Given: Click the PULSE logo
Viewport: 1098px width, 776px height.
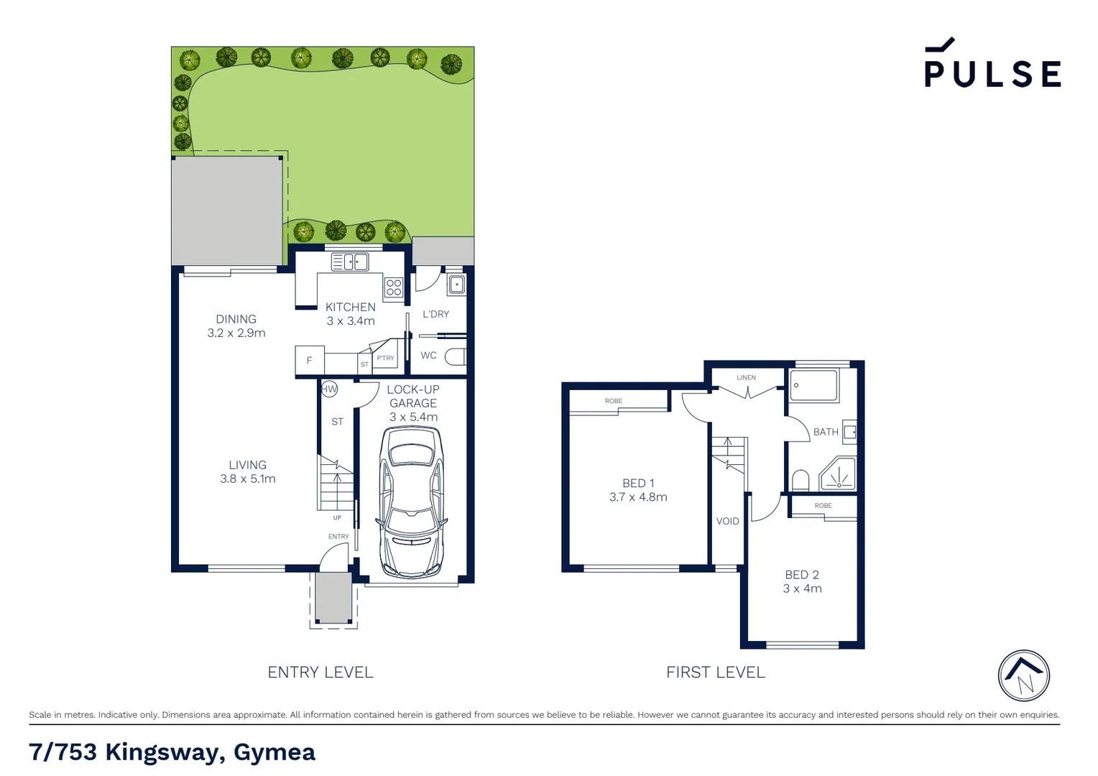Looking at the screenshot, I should tap(992, 65).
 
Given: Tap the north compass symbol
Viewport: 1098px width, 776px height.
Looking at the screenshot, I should tap(1023, 675).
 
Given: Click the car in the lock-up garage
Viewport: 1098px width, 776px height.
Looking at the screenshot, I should tap(412, 501).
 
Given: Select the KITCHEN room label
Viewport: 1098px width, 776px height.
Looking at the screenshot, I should tap(350, 307).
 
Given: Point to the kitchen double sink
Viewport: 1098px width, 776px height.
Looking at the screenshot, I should tap(350, 262).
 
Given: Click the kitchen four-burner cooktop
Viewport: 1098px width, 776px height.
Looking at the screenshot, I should tap(394, 287).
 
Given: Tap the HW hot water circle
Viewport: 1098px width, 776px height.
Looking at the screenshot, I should tap(329, 389).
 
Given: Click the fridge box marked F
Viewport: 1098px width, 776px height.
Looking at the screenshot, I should tap(309, 361).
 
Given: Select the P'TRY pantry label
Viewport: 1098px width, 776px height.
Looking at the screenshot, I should tap(385, 358).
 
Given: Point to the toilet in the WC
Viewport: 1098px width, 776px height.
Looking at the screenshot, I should tap(455, 356).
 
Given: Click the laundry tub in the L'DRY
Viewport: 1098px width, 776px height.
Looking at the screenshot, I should tap(456, 285).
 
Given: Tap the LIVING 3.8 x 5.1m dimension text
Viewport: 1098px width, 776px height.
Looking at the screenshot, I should tap(248, 479).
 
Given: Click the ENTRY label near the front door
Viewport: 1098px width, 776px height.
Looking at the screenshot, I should tap(338, 537).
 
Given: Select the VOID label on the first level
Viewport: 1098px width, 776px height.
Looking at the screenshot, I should tap(727, 521).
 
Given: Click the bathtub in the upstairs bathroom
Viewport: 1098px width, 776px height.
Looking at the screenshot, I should tap(813, 385).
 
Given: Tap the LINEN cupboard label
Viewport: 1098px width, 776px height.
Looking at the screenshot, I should tap(746, 377).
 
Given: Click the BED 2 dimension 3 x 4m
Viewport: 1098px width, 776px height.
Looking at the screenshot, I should tap(802, 588).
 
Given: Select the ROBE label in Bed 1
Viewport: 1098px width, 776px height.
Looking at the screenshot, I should tap(613, 401).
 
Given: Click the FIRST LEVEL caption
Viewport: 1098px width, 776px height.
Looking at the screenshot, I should tap(715, 673).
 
